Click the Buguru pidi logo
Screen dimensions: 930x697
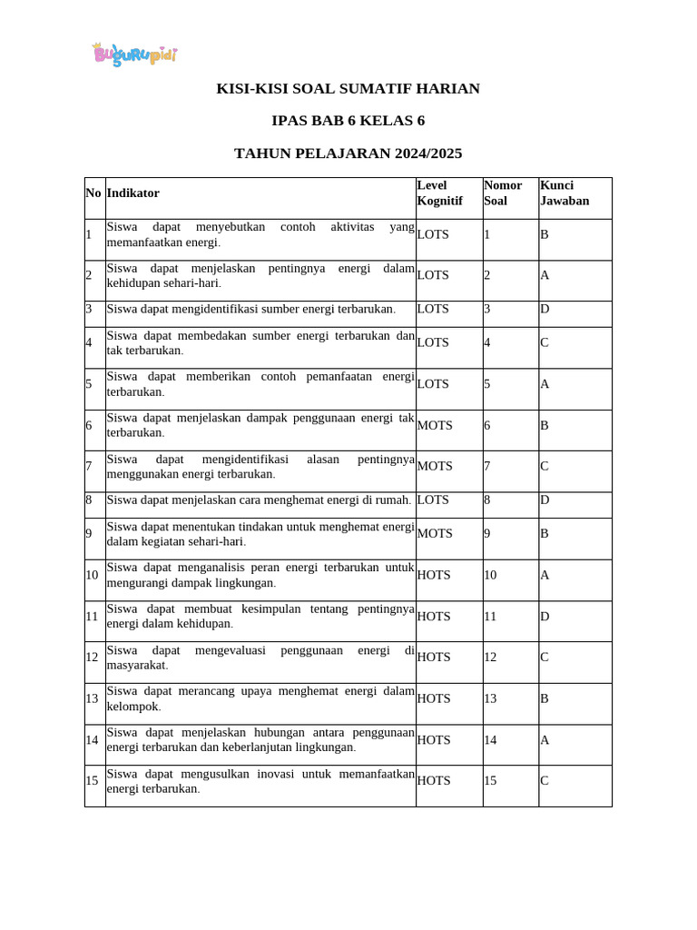[134, 54]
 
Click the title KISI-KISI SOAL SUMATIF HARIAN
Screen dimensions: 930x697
[348, 88]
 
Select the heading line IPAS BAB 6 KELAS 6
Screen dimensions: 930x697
[348, 121]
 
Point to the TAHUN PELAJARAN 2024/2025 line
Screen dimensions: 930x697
[348, 153]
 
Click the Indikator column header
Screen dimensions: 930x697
[133, 193]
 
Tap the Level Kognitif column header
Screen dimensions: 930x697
[440, 193]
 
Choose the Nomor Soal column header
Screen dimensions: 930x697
[503, 193]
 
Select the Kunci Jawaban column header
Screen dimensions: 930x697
[564, 193]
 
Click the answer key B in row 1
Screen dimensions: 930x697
[545, 234]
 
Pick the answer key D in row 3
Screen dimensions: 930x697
[545, 309]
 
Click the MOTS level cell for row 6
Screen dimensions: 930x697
[435, 425]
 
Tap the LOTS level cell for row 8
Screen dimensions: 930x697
[433, 500]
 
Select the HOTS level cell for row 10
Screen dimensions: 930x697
[434, 575]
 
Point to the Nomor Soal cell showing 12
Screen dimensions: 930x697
[490, 657]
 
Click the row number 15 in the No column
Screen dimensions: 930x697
[92, 781]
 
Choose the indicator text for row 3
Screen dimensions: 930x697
[251, 309]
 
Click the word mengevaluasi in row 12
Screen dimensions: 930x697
[224, 650]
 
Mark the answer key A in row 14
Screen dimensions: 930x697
[545, 740]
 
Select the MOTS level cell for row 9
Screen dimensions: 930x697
[435, 533]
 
